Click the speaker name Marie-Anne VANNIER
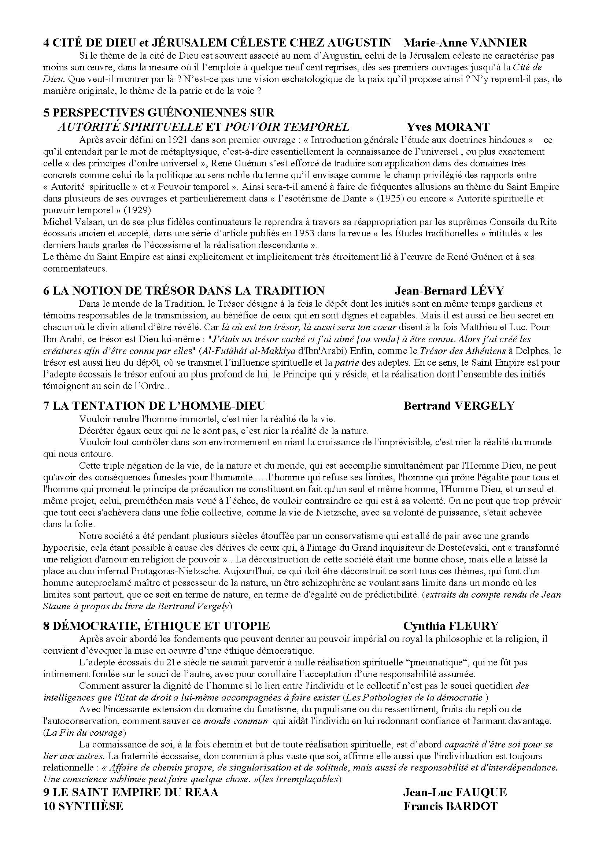click(x=466, y=43)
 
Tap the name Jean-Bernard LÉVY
click(x=449, y=291)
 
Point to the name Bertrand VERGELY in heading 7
click(x=459, y=406)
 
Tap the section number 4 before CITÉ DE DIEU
click(x=46, y=43)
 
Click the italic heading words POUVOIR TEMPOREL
click(x=287, y=127)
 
